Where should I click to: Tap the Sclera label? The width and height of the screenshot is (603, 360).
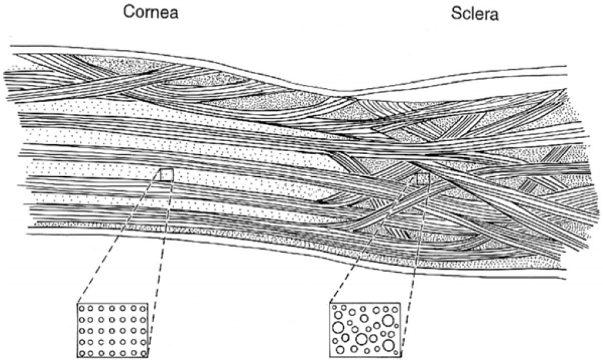(473, 13)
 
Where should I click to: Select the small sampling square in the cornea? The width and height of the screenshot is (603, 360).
(167, 174)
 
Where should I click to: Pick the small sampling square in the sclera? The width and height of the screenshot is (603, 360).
(423, 177)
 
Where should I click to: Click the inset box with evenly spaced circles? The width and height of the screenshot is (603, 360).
(113, 331)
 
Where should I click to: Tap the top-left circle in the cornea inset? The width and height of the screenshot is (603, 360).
(82, 309)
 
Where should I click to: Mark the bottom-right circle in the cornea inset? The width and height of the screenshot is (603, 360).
(142, 353)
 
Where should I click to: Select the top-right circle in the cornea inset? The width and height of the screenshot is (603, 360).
(142, 309)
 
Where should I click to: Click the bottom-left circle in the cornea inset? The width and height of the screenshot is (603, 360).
(82, 353)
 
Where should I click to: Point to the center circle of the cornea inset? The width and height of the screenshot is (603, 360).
(112, 331)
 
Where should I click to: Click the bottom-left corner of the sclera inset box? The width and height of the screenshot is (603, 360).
(329, 356)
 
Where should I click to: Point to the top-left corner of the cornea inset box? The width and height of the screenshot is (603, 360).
(77, 304)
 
